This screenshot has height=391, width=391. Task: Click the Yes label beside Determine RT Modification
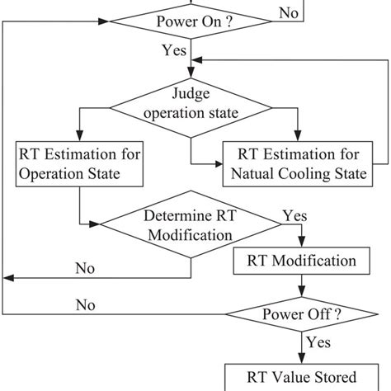pyautogui.click(x=294, y=214)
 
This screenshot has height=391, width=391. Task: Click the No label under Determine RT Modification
pyautogui.click(x=84, y=268)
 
